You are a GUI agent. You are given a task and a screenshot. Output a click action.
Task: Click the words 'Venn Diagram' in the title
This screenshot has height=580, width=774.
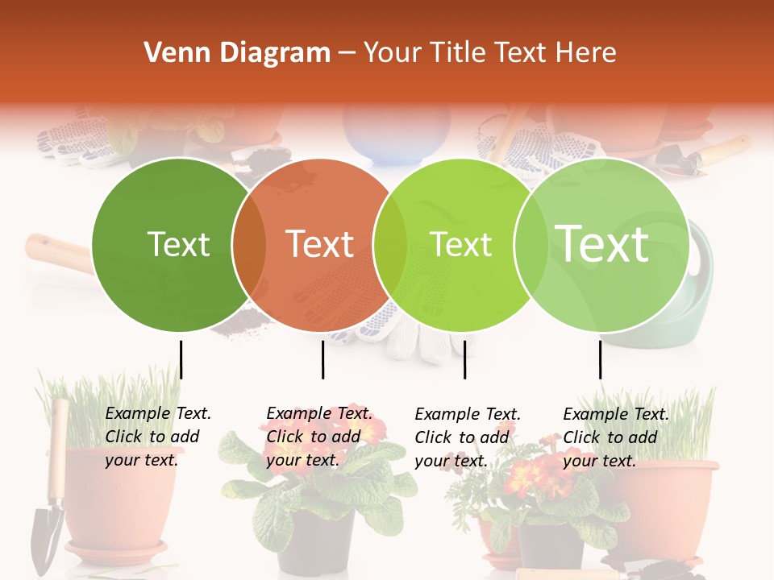(237, 53)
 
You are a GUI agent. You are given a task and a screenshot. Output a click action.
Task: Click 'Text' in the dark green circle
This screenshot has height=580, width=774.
(178, 244)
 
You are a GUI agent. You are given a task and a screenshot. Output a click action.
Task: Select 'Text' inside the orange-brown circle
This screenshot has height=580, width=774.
(319, 244)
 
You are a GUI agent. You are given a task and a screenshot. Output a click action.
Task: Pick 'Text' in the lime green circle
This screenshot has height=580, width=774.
(460, 244)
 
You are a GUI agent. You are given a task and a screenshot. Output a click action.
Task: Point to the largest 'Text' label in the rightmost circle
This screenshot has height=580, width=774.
(602, 243)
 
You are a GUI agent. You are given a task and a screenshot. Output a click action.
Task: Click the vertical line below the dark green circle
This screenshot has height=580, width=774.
(181, 359)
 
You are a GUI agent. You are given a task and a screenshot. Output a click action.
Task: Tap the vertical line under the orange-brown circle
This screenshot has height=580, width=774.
(322, 359)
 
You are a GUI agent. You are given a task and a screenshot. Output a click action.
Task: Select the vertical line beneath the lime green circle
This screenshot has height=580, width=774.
(464, 359)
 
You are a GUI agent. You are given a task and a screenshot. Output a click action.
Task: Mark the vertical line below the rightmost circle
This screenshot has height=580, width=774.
(600, 359)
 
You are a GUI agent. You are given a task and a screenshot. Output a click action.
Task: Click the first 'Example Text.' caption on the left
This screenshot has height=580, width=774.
(158, 413)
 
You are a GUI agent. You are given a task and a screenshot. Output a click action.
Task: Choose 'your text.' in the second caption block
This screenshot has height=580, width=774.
(302, 460)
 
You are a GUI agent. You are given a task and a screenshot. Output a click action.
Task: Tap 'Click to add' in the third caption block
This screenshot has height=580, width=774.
(462, 437)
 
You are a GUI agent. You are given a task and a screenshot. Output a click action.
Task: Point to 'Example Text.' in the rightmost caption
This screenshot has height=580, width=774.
(616, 414)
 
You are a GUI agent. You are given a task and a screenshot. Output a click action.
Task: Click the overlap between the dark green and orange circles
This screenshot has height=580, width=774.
(249, 244)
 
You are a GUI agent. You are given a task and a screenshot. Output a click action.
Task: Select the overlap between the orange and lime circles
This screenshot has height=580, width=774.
(390, 244)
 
